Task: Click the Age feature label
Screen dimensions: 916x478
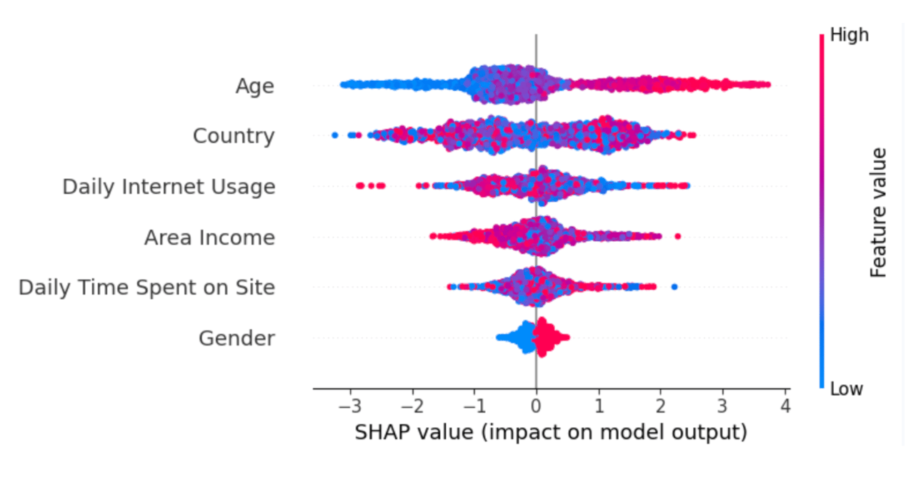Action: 255,87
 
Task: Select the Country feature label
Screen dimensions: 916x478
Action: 234,136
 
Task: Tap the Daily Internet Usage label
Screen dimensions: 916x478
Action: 169,187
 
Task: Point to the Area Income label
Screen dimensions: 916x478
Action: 209,238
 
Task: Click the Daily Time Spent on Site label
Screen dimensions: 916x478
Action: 146,288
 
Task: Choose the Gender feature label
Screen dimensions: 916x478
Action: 237,338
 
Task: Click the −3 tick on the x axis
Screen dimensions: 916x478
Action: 350,406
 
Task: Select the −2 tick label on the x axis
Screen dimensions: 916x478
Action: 412,406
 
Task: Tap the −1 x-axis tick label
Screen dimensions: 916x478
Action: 474,406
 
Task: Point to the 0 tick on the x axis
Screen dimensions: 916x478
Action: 536,406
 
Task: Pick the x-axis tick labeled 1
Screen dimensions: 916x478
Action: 599,406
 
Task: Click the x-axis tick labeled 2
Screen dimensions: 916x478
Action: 660,406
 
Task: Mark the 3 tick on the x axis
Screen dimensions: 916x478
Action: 722,406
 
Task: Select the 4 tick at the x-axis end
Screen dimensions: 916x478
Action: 785,406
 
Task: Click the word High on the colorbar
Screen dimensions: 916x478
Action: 850,35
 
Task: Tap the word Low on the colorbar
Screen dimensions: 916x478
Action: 847,389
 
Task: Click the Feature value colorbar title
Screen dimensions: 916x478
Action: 878,213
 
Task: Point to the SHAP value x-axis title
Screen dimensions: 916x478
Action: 551,432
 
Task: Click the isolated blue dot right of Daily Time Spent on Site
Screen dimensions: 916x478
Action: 674,287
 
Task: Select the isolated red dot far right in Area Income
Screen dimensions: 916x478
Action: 677,236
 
